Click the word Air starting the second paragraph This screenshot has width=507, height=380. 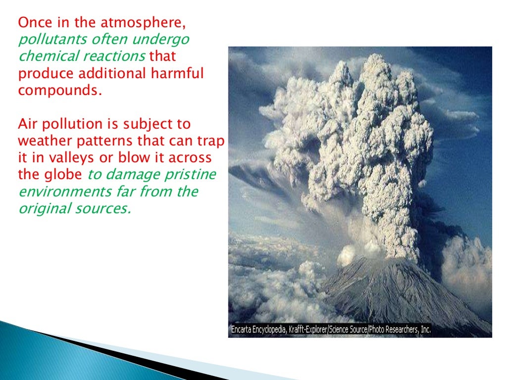[27, 124]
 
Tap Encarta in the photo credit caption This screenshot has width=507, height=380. [243, 329]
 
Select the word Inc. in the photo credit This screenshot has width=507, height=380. [424, 329]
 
